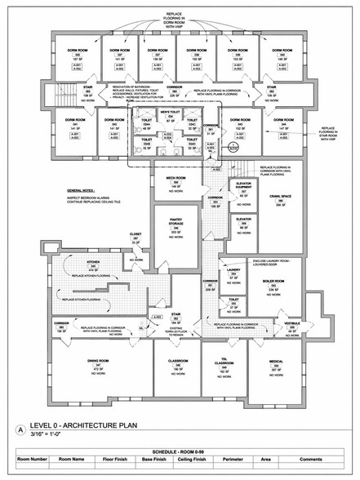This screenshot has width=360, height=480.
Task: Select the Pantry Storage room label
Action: [176, 221]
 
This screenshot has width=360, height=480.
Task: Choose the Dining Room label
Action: [98, 360]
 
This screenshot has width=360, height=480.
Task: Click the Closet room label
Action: [136, 234]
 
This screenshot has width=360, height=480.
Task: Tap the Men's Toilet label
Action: [171, 111]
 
